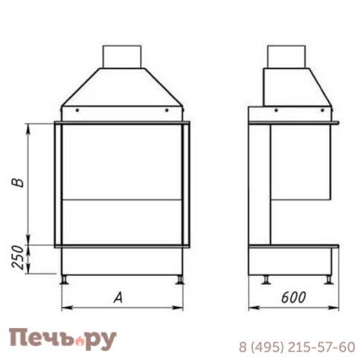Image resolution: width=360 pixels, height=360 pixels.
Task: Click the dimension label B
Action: point(20,181)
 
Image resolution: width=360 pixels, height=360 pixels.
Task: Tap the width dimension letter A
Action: point(118,298)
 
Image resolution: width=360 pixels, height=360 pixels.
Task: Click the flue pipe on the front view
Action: point(121,57)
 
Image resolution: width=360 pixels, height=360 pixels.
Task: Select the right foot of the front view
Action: point(179,280)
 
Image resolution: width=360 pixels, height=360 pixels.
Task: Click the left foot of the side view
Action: point(265,280)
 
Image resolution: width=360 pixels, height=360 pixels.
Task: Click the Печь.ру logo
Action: point(62,338)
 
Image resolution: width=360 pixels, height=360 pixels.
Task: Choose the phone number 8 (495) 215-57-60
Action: point(297,347)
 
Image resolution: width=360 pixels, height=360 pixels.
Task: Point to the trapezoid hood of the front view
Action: point(121,89)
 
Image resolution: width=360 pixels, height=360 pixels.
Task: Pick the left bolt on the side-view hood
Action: point(275,109)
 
